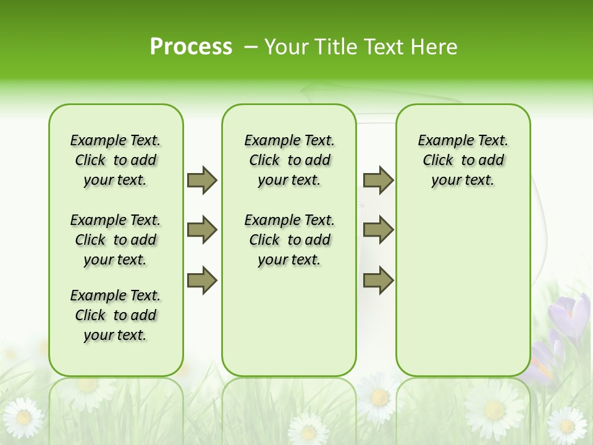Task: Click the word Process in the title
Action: (x=191, y=46)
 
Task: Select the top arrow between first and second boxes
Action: (x=202, y=180)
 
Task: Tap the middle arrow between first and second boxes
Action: (x=202, y=231)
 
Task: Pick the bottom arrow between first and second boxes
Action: (x=202, y=281)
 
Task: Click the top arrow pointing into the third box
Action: (x=378, y=180)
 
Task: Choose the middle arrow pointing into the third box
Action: (x=378, y=231)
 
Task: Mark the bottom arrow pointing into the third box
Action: (x=378, y=281)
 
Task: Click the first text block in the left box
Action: (x=116, y=160)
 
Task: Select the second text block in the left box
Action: (x=116, y=240)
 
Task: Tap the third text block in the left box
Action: (x=116, y=315)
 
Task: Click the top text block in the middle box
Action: (x=289, y=160)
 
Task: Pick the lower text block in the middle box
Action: (x=289, y=240)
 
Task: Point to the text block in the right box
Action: (x=463, y=160)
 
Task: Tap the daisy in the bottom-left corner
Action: (x=23, y=417)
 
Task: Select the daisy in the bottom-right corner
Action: (x=566, y=425)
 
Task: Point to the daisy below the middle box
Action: (x=308, y=429)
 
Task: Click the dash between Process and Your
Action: (x=250, y=47)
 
